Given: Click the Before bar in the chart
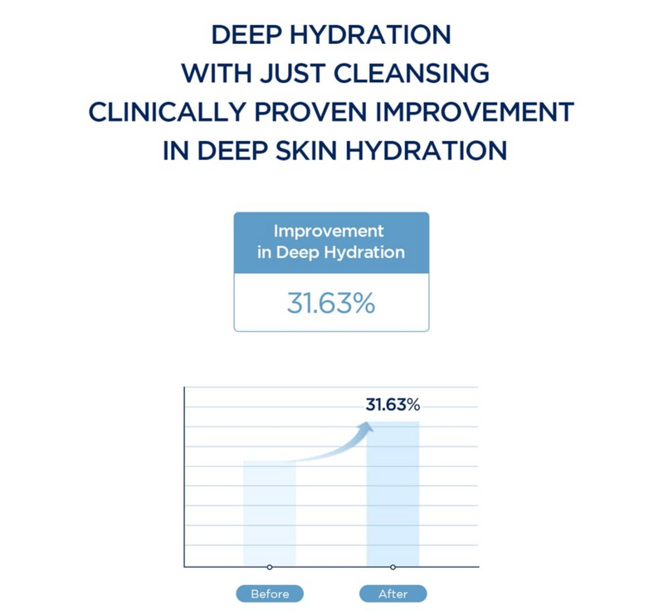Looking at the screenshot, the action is click(269, 514).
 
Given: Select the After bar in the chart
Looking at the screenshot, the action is click(393, 494).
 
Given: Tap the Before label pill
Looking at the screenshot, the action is click(270, 594).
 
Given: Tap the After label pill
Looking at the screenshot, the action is click(393, 594).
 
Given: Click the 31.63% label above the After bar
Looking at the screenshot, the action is click(393, 405).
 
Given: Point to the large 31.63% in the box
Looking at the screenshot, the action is click(331, 303).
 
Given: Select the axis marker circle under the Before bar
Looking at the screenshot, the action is click(270, 567).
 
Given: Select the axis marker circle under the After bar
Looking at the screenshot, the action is click(393, 567).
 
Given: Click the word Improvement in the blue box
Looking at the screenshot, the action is click(329, 231).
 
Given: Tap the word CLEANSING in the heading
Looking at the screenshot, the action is click(411, 73).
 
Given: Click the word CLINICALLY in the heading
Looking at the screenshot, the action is click(168, 112).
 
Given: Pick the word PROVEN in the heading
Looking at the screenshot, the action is click(311, 112).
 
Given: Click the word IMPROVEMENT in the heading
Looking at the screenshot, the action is click(475, 112).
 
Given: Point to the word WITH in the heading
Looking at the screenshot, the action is click(217, 73).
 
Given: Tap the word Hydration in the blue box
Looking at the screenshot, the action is click(364, 253).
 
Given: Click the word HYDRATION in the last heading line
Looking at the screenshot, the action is click(426, 151).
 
